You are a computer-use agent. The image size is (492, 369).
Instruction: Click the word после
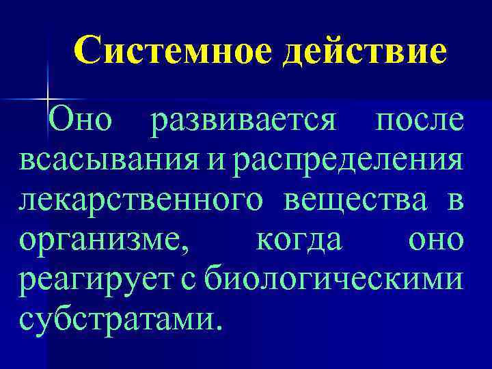tap(420, 122)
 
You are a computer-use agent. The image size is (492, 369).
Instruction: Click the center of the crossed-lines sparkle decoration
tap(48, 100)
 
